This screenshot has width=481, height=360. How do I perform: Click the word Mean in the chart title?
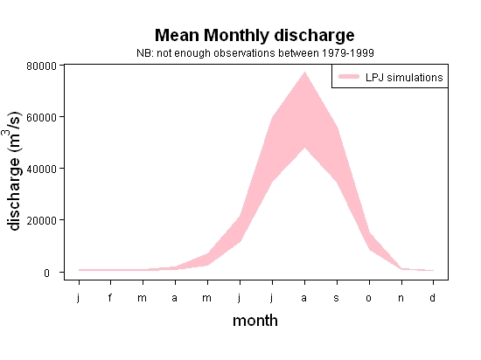point(177,35)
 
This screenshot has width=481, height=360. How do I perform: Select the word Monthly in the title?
point(236,36)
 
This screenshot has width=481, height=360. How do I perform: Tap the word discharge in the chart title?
point(314,36)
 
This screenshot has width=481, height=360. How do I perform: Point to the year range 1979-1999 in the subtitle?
point(347,53)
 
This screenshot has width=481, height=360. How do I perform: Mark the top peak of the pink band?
point(304,72)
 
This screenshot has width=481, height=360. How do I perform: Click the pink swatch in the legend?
point(349,76)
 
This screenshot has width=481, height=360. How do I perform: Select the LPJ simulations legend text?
point(404,78)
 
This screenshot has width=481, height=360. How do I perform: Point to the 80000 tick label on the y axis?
point(41,66)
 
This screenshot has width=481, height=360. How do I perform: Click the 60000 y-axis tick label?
point(41,117)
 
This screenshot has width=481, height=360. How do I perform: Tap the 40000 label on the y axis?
point(41,169)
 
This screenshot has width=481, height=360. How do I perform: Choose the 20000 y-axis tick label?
point(41,220)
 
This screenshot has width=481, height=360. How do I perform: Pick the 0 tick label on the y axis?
point(46,273)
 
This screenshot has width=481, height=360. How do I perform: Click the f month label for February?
point(110,297)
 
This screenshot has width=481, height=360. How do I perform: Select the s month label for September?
point(336,298)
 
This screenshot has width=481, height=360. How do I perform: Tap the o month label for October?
point(368,298)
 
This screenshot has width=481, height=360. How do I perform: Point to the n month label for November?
point(401,298)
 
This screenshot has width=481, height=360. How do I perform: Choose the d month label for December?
point(432,297)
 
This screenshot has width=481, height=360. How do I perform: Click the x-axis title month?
point(255,321)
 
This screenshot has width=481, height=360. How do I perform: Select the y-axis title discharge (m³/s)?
point(13,171)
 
